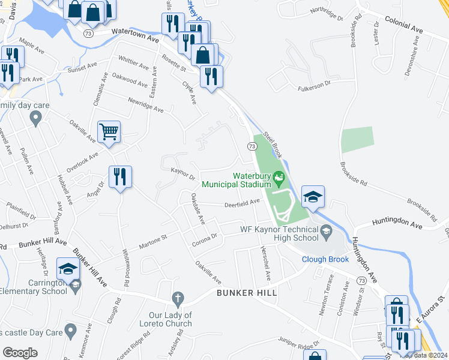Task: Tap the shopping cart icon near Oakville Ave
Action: coord(109,131)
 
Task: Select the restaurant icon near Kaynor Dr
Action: coord(120,176)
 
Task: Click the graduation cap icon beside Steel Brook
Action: coord(313,196)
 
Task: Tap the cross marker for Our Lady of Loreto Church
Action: coord(177,298)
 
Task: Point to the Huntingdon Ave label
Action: coord(397,223)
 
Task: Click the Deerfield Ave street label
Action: coord(241,202)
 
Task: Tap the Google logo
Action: coord(20,353)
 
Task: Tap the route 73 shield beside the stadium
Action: coord(252,146)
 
